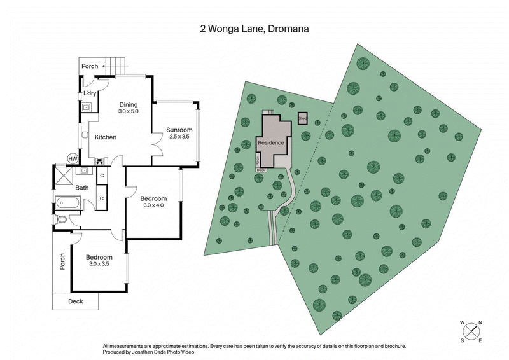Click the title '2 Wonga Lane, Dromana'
point(254,29)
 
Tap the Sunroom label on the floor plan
point(179,130)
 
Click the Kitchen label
point(106,137)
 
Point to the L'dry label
point(90,94)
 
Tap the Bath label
point(81,188)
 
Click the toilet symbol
point(61,220)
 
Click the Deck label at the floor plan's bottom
point(76,301)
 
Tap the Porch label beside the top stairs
point(90,66)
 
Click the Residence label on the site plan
point(270,143)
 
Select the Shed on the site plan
point(303,118)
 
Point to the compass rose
point(471,331)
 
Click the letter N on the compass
point(480,322)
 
